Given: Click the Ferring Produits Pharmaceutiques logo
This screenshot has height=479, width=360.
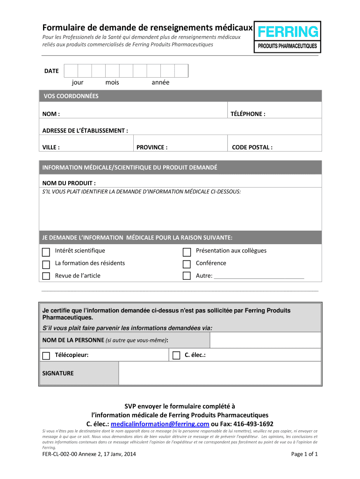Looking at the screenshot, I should tap(287, 37).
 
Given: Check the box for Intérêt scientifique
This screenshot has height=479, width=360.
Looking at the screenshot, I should tap(46, 252).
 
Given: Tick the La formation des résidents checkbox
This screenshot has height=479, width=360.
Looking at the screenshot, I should tap(46, 264).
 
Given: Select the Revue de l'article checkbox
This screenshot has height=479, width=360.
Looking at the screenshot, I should tap(46, 276).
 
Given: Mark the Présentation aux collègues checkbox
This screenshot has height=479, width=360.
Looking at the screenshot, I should tap(187, 252).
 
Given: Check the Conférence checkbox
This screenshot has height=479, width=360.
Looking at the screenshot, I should tap(187, 264).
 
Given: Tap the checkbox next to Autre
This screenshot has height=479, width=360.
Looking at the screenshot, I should tap(187, 276).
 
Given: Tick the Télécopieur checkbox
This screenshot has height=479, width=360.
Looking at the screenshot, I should tap(46, 356).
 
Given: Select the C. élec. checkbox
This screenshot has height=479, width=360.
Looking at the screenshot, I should tap(176, 356).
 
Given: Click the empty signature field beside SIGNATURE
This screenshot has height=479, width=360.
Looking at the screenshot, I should tap(220, 373).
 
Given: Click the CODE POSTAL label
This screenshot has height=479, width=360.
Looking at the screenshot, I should tap(252, 147).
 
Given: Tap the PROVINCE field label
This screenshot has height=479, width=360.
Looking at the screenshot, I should tap(152, 147).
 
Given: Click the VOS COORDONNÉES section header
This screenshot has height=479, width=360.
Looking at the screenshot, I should tap(71, 96).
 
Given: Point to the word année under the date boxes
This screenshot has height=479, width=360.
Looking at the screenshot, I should tap(160, 82).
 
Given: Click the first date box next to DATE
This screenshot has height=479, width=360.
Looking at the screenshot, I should tap(71, 71).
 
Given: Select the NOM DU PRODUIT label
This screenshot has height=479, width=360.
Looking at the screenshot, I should tap(69, 182).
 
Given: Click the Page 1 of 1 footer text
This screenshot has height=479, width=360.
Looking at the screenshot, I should tap(304, 454).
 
